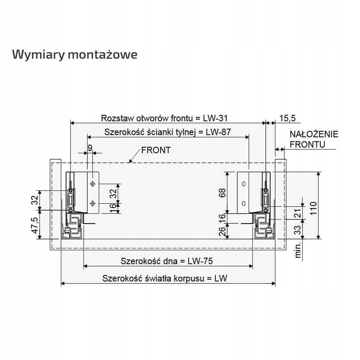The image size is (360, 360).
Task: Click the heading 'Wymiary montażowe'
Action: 75,55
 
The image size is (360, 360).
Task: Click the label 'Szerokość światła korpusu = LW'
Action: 165,278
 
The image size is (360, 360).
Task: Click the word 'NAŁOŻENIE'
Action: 314,134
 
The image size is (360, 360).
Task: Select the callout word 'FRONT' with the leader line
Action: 156,150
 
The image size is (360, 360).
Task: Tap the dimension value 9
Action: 90,148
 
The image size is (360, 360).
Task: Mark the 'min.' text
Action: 297,249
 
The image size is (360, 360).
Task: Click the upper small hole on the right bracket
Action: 243,184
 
